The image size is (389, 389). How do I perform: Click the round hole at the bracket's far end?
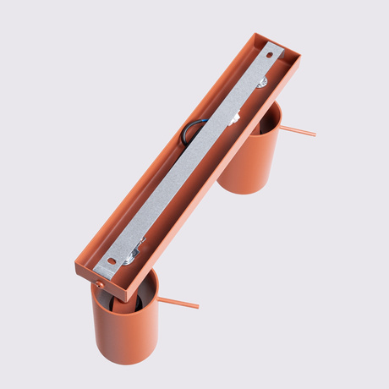(271, 55)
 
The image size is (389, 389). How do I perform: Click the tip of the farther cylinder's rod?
(314, 134)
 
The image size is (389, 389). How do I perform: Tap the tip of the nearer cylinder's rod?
(197, 305)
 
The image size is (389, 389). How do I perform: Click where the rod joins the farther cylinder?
(280, 128)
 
